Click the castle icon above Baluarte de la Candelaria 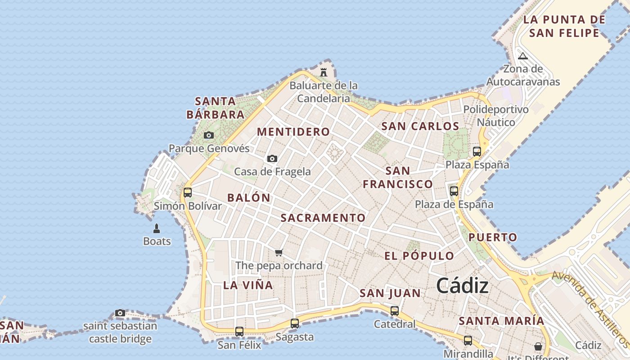(323, 72)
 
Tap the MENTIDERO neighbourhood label (293, 132)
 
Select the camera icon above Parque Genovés (208, 135)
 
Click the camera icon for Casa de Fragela (272, 158)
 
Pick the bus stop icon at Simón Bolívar (188, 193)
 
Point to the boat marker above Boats (157, 229)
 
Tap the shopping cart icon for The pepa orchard (279, 252)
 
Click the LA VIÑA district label (248, 285)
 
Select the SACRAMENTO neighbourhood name (323, 218)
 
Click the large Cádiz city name (462, 286)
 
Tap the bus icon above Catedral (395, 310)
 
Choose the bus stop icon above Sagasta (295, 323)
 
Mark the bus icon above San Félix (239, 332)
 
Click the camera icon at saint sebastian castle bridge (120, 313)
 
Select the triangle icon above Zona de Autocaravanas (522, 56)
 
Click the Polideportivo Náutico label (496, 116)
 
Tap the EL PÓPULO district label (419, 256)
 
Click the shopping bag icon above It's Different (538, 346)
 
